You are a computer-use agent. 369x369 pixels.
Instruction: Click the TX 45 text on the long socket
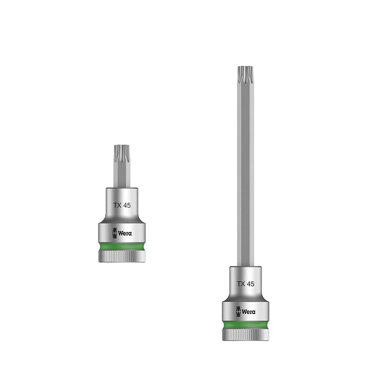[x=245, y=283]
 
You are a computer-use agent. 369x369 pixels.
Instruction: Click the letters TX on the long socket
[x=240, y=283]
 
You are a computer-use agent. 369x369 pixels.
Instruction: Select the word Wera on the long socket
[x=249, y=312]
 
